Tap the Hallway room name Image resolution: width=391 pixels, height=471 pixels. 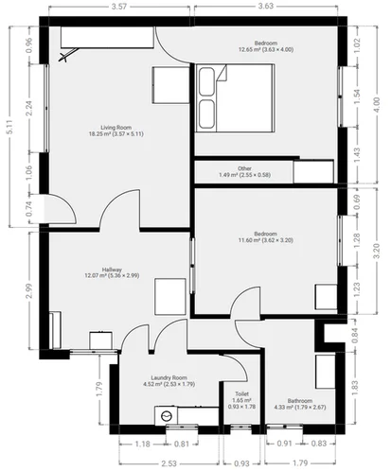pyautogui.click(x=98, y=270)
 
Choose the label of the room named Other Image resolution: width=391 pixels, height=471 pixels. pyautogui.click(x=245, y=167)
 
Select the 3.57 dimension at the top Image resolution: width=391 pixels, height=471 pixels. pyautogui.click(x=118, y=8)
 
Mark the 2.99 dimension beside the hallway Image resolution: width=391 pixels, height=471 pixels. pyautogui.click(x=31, y=290)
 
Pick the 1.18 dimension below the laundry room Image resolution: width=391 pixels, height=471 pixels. pyautogui.click(x=143, y=443)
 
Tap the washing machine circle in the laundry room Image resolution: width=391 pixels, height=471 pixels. pyautogui.click(x=167, y=414)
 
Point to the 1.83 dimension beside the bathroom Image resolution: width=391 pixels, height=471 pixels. pyautogui.click(x=354, y=384)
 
